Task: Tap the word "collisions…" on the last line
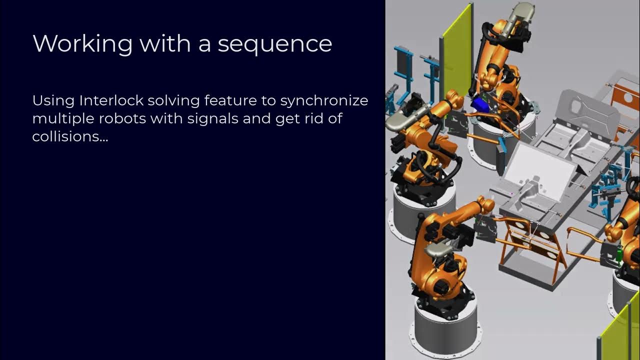70,136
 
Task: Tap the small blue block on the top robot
480,104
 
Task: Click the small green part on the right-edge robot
619,255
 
